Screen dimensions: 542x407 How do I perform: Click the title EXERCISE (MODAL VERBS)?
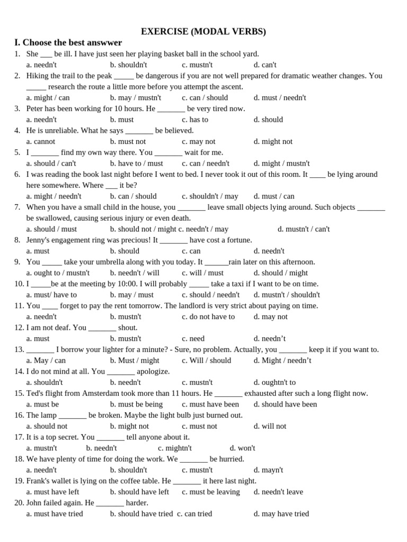(x=203, y=32)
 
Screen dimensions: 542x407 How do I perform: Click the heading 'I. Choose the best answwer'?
(x=68, y=43)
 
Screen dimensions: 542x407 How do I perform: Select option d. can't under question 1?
(x=265, y=65)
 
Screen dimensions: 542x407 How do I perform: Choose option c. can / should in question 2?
(x=205, y=97)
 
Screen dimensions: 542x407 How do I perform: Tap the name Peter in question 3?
(x=37, y=109)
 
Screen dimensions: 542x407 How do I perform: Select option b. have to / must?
(x=137, y=164)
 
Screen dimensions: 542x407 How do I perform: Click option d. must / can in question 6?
(x=274, y=196)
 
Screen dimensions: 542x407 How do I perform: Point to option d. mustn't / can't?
(x=304, y=229)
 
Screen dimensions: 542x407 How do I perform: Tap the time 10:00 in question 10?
(x=128, y=284)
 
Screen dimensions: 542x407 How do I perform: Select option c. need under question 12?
(x=193, y=339)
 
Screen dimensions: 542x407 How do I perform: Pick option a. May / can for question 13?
(x=46, y=360)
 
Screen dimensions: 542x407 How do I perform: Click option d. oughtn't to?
(x=275, y=382)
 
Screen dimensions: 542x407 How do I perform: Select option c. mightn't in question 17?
(x=175, y=448)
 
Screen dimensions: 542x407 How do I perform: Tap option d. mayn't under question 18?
(x=268, y=470)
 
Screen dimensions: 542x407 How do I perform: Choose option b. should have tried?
(x=141, y=513)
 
